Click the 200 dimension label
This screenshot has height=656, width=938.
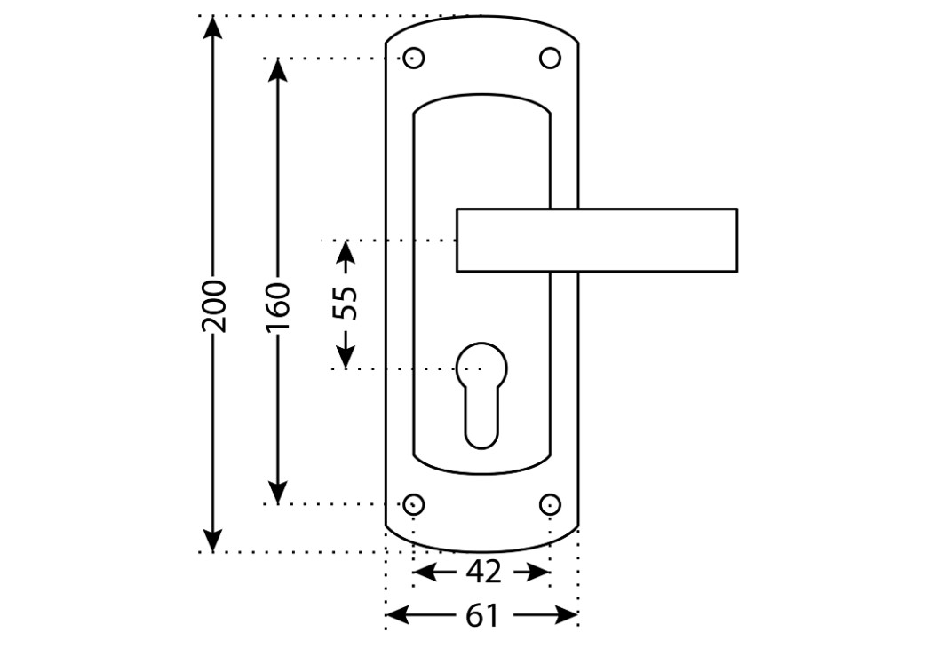(x=213, y=305)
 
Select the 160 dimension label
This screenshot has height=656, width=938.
(x=278, y=307)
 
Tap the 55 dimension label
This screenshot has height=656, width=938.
(x=346, y=304)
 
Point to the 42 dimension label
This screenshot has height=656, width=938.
(x=483, y=573)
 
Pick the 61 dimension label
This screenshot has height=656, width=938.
(x=481, y=615)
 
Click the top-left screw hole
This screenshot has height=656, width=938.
(x=414, y=59)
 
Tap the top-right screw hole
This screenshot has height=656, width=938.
(x=550, y=59)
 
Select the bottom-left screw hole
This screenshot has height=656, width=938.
(x=414, y=504)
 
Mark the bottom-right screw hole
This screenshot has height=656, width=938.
(x=550, y=504)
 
